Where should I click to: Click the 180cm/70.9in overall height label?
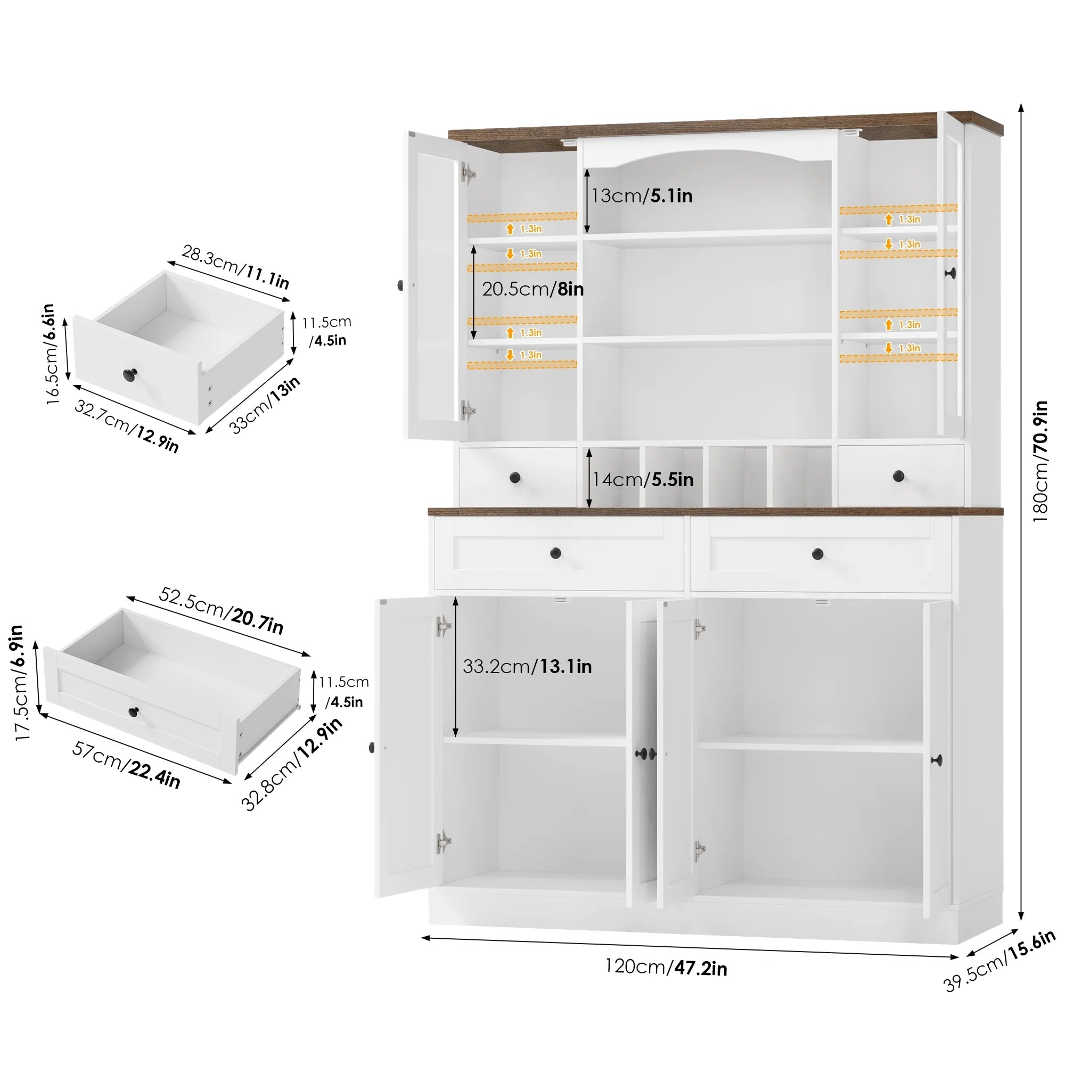1039,461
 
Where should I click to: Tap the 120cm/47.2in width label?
666,968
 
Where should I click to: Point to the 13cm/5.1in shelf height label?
642,195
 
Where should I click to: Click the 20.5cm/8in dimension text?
532,289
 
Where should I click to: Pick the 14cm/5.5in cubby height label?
643,480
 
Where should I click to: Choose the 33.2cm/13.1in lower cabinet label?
527,667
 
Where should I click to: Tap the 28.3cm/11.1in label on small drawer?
235,267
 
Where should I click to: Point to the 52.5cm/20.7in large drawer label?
221,610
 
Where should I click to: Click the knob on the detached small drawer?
130,375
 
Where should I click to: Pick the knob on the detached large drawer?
134,711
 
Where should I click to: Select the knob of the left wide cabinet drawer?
555,552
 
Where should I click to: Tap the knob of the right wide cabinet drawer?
817,553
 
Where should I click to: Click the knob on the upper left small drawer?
515,477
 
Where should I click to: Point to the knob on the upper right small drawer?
898,476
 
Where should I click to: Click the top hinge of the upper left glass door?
468,173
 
